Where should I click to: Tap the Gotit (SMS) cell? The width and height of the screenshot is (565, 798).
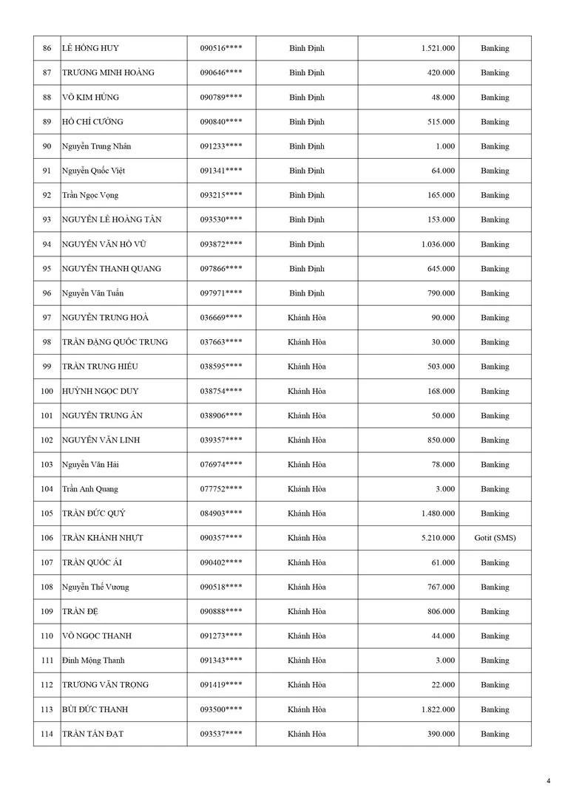pyautogui.click(x=495, y=538)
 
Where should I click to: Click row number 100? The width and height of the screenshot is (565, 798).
pyautogui.click(x=47, y=392)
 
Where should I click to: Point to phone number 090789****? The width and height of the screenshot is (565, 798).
pyautogui.click(x=221, y=98)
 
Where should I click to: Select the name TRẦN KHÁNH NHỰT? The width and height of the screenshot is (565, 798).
pyautogui.click(x=103, y=538)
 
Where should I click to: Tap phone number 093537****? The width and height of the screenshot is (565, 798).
pyautogui.click(x=221, y=734)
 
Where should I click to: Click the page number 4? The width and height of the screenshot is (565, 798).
pyautogui.click(x=548, y=780)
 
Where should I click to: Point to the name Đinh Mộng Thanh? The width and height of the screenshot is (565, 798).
pyautogui.click(x=93, y=661)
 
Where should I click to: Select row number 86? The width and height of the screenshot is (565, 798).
pyautogui.click(x=47, y=49)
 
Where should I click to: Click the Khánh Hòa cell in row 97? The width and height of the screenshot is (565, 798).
pyautogui.click(x=307, y=318)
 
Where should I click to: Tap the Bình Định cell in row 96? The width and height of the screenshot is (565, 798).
pyautogui.click(x=307, y=293)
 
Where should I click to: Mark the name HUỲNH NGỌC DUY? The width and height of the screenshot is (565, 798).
pyautogui.click(x=100, y=392)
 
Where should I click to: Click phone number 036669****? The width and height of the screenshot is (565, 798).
pyautogui.click(x=221, y=318)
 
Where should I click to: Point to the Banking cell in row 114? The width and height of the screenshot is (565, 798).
pyautogui.click(x=495, y=734)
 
